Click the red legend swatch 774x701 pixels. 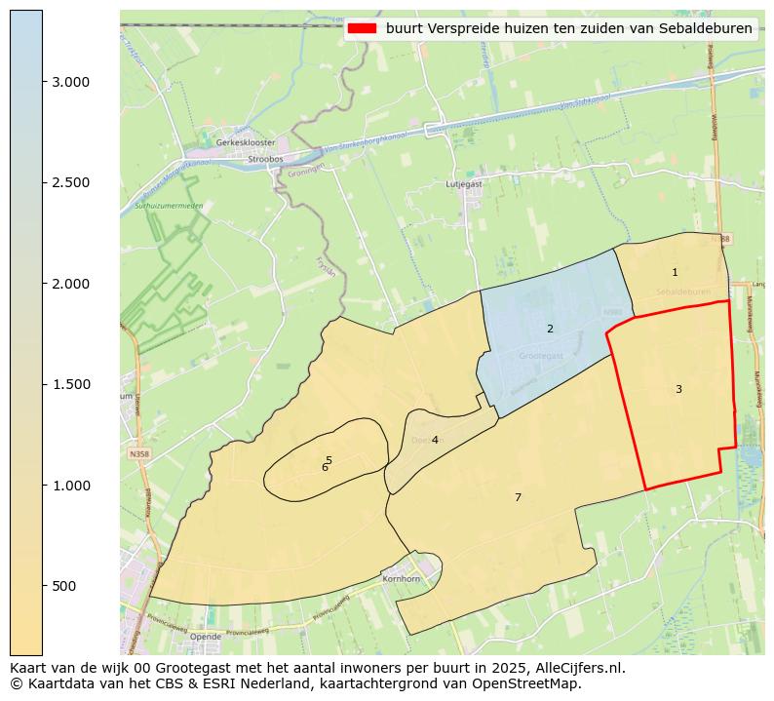pos(363,28)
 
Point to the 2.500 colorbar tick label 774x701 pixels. pos(71,183)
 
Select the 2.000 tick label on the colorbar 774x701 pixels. pos(71,284)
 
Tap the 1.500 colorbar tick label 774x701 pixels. pos(71,384)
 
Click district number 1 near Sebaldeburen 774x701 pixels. pos(675,272)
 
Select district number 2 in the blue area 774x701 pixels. pos(550,329)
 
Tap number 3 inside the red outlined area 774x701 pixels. pos(678,389)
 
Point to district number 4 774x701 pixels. pos(435,440)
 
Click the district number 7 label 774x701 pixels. pos(518,497)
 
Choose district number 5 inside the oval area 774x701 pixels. pos(329,460)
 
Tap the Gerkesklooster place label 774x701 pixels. pos(246,142)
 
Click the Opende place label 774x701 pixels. pos(206,637)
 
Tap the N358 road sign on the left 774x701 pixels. pos(138,453)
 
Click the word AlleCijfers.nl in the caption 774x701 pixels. pos(574,668)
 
